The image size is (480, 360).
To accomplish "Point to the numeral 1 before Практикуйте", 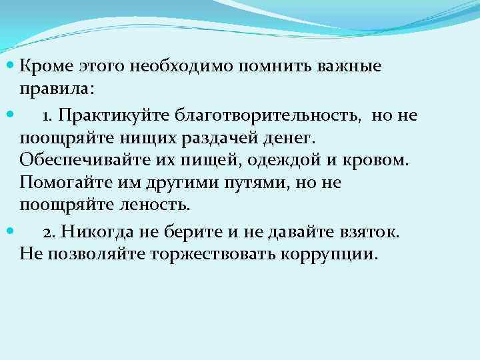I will (47, 116).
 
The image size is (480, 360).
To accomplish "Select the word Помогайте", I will (60, 183).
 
